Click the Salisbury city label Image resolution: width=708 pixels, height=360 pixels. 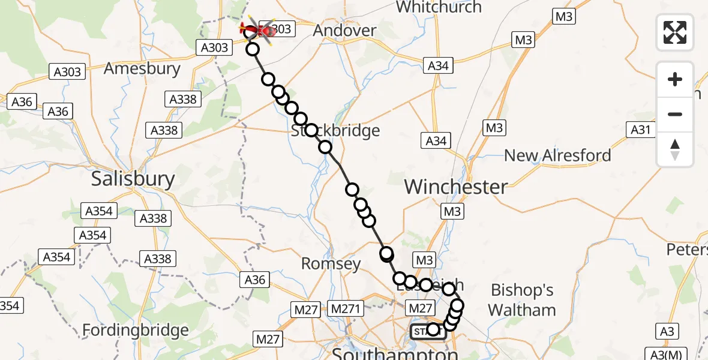tap(133, 179)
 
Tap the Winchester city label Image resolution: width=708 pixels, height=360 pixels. tap(456, 187)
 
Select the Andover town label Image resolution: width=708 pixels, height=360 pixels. tap(345, 30)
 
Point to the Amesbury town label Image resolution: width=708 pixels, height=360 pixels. tap(142, 68)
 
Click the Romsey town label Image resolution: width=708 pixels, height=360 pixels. tap(331, 263)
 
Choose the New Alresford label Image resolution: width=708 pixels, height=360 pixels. tap(557, 155)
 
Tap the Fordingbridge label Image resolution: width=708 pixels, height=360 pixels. tap(135, 330)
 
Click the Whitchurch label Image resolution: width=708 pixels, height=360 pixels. tap(439, 7)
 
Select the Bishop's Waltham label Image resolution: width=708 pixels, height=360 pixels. tap(522, 300)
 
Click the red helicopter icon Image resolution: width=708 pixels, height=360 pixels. tap(257, 28)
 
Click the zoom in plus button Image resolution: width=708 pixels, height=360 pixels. tap(675, 79)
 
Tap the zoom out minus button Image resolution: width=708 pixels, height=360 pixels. tap(675, 114)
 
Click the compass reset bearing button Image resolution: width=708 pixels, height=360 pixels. tap(675, 149)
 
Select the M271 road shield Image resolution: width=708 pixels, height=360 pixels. tap(346, 308)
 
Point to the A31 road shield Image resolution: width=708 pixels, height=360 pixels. tap(641, 129)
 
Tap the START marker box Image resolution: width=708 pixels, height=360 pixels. tap(427, 331)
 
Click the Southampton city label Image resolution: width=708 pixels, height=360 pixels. tap(395, 353)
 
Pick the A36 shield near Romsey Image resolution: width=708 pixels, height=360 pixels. tap(254, 279)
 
